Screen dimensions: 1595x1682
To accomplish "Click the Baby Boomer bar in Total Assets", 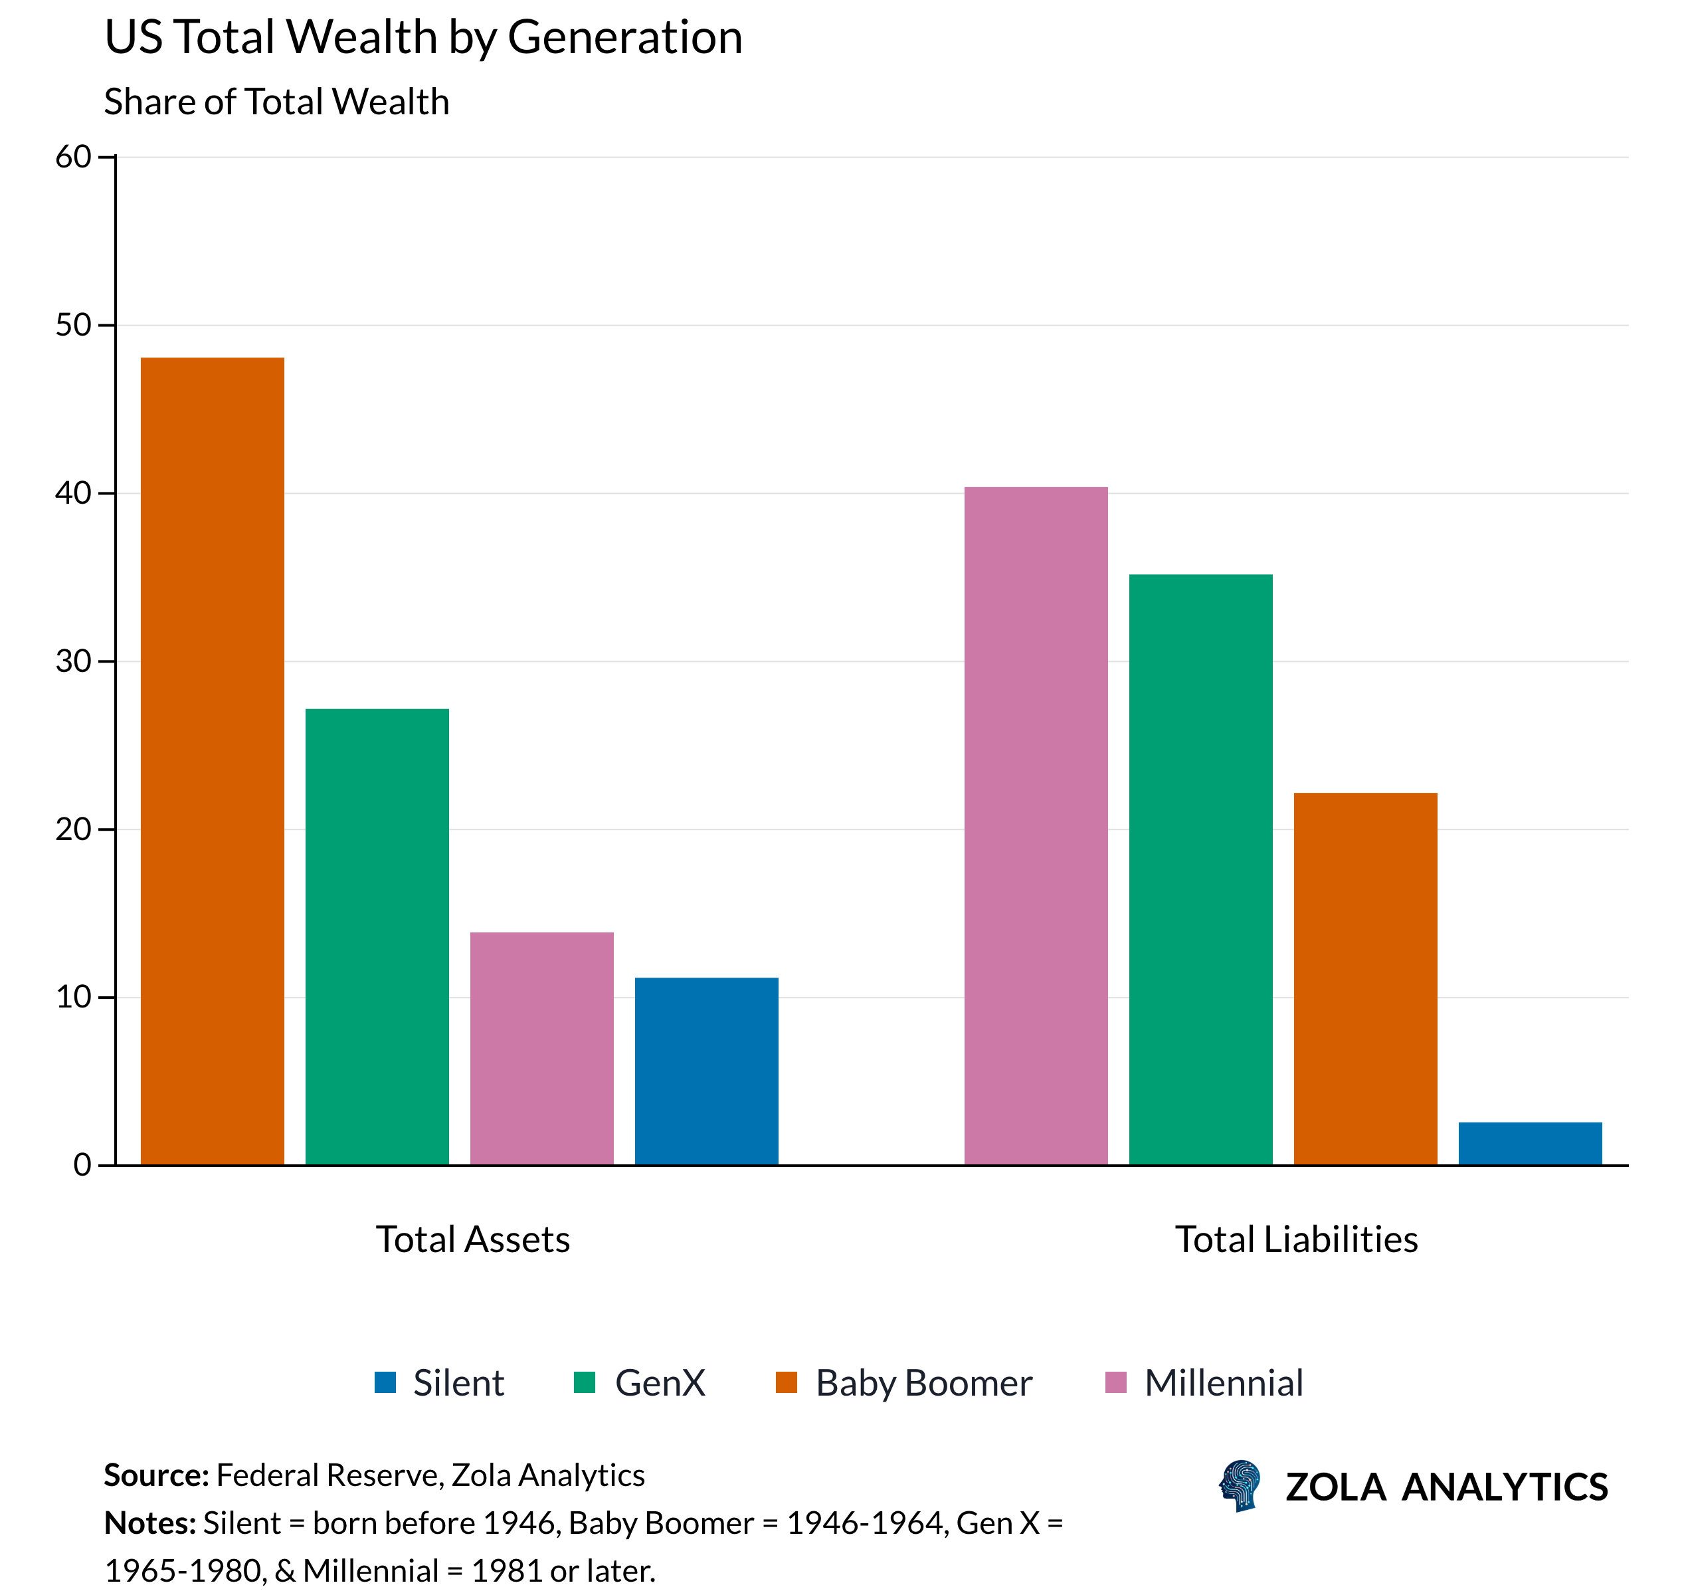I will [212, 760].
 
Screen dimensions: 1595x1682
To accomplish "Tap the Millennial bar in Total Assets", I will [541, 1048].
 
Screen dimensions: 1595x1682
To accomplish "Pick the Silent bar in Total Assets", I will [706, 1071].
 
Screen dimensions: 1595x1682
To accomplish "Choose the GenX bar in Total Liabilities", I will [1200, 869].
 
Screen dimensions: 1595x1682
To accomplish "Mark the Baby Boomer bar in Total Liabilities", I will [1365, 978].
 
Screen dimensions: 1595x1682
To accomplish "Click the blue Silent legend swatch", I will [385, 1382].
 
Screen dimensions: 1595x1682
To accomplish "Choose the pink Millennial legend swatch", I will [1115, 1382].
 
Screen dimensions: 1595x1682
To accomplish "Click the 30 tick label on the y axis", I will [73, 661].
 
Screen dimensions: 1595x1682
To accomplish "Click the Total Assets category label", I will [472, 1239].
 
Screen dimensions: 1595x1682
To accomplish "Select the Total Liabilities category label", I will [1295, 1239].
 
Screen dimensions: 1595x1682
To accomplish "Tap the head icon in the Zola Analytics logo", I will [1239, 1485].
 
